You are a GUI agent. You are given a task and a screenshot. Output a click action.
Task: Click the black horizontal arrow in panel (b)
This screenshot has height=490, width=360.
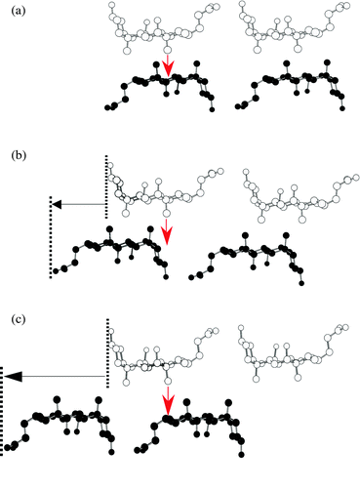point(78,204)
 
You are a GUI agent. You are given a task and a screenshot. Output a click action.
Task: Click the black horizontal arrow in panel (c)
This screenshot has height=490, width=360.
point(54,374)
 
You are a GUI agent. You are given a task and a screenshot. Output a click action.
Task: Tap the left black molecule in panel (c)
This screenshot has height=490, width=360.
point(63,420)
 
